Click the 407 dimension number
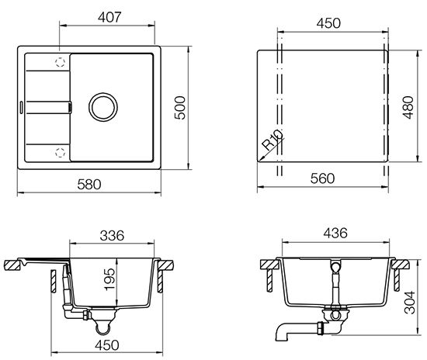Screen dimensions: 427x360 109,17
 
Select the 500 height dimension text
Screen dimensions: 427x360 180,108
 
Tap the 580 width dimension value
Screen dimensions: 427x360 89,185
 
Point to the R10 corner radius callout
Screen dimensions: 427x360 273,140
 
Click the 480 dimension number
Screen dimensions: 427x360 408,108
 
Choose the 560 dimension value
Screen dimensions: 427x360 322,178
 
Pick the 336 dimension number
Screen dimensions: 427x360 112,236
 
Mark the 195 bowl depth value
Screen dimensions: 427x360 109,279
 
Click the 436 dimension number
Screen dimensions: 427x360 335,234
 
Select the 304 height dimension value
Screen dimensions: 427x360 410,303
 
